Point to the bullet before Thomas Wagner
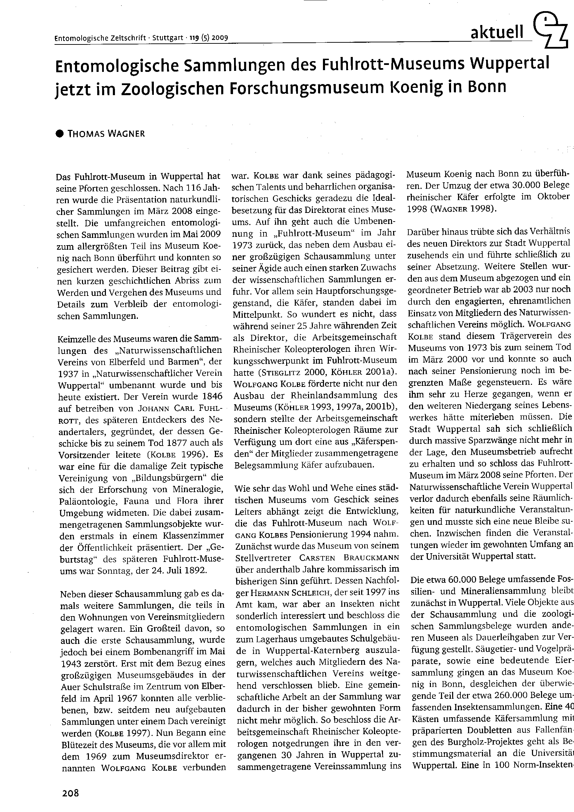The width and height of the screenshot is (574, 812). [60, 134]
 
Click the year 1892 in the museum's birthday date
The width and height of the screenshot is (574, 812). [194, 571]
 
